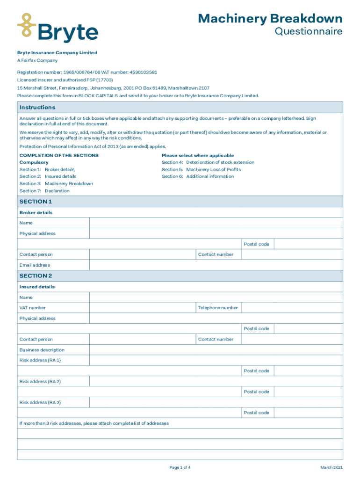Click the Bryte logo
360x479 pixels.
[58, 28]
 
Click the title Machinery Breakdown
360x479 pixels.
[270, 19]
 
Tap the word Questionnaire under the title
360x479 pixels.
[308, 32]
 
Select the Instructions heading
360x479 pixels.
[37, 108]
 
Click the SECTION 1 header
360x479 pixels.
[36, 202]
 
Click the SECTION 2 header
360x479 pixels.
[36, 276]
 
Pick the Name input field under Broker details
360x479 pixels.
[216, 223]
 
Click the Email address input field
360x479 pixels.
[216, 265]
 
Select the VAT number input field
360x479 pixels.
[142, 308]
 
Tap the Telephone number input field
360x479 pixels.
[292, 308]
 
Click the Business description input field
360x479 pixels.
[216, 350]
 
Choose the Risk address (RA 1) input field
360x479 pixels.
[216, 360]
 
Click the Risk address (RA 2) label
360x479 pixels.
[40, 382]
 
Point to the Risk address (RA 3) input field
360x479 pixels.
[216, 402]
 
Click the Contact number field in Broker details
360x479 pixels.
[292, 254]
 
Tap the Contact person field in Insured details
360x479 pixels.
[142, 340]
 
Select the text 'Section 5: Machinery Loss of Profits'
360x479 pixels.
[202, 169]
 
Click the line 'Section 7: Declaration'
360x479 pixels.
[44, 191]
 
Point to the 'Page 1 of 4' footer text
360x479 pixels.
[180, 468]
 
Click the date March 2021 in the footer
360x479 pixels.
[331, 468]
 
